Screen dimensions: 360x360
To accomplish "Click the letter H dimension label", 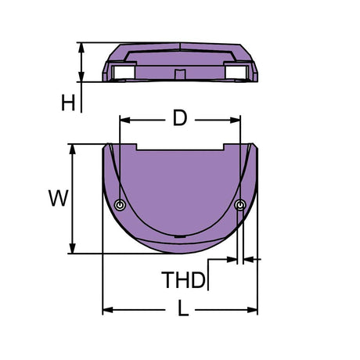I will click(69, 102).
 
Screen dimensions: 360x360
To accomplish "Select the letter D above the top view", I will click(179, 119).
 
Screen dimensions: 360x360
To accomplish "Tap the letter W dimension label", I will click(57, 199).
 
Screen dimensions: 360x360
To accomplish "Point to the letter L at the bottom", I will click(182, 310).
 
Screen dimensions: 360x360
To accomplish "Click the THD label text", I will click(183, 279).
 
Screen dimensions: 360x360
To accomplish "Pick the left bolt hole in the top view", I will click(119, 205).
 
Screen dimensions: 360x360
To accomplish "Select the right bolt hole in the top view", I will click(239, 205).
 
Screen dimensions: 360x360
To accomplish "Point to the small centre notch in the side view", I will click(181, 75).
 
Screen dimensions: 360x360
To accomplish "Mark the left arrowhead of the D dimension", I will click(123, 120).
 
